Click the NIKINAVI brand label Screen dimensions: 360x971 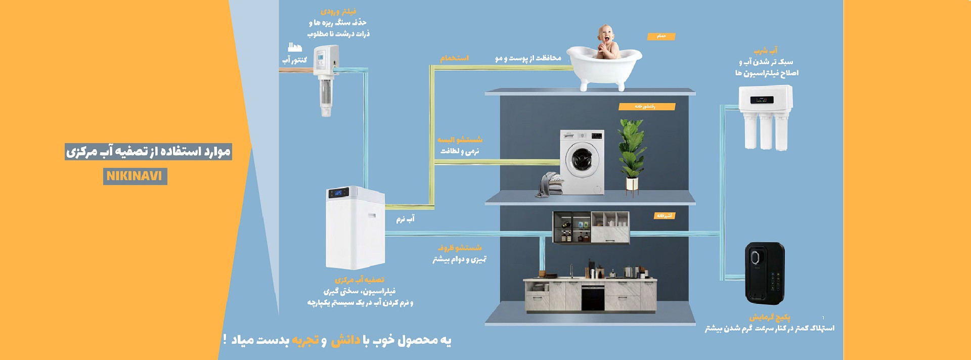[x=135, y=176]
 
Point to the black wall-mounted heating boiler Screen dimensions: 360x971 [x=765, y=273]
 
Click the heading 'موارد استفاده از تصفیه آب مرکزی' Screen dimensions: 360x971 [x=148, y=151]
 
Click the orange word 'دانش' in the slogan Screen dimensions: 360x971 [x=345, y=340]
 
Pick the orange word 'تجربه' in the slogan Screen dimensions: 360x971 [x=305, y=340]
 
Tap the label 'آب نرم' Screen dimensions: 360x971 [x=405, y=219]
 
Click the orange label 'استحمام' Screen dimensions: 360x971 [x=454, y=58]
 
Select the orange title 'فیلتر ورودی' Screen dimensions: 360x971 [x=338, y=11]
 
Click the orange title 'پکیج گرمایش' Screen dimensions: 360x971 [x=770, y=317]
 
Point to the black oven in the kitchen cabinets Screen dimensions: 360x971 [x=593, y=297]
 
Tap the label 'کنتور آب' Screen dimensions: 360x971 [x=295, y=60]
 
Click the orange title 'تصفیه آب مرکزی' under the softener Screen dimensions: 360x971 [x=359, y=280]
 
